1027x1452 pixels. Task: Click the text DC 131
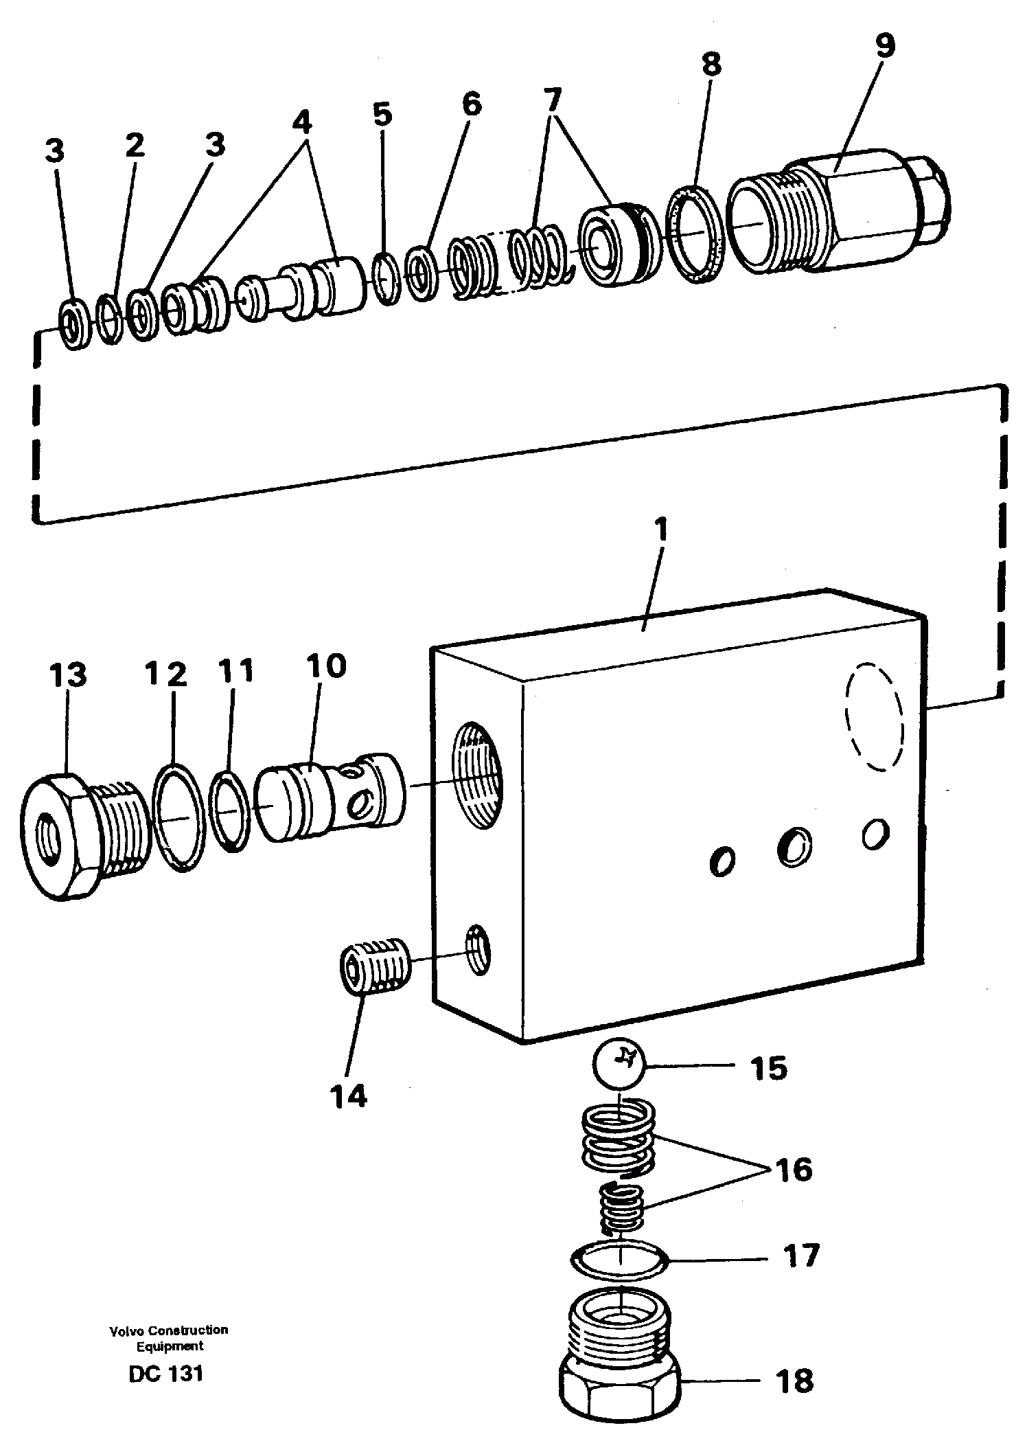[165, 1374]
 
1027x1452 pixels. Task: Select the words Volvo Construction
[168, 1330]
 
